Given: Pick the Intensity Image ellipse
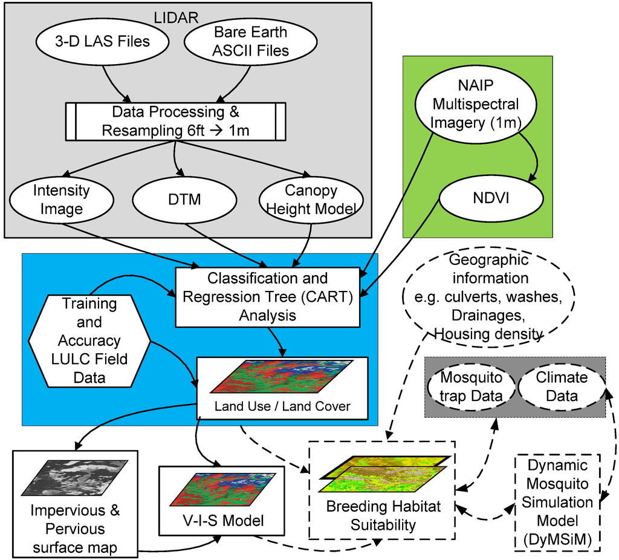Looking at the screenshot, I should (60, 200).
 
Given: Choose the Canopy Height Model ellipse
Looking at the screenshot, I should (311, 200).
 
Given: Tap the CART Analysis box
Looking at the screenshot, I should (267, 296).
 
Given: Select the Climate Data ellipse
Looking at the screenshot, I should (562, 387).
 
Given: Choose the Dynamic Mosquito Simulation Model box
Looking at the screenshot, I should (557, 502).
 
